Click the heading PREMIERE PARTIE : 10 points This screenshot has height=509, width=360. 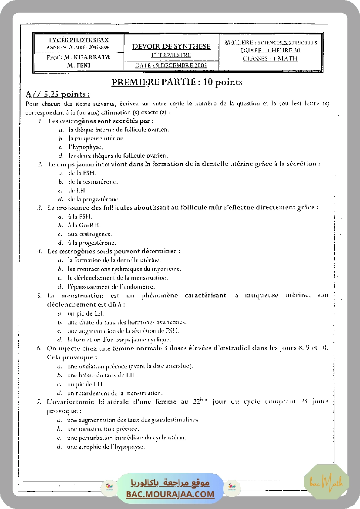(x=177, y=82)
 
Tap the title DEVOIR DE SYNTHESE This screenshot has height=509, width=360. (x=171, y=47)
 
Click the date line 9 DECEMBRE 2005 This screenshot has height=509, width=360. (x=171, y=65)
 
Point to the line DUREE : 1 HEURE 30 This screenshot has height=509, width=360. (x=270, y=51)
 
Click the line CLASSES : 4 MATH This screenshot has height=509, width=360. (x=270, y=58)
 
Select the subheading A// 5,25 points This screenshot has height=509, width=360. (x=58, y=94)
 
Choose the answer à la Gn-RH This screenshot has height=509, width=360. (x=84, y=225)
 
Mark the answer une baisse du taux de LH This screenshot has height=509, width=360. (x=102, y=375)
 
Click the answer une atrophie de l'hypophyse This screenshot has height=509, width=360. (x=106, y=447)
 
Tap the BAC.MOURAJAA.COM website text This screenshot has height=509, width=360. (x=170, y=495)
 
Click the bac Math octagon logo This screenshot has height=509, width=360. (x=326, y=482)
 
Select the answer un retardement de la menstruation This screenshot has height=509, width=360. (x=115, y=393)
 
